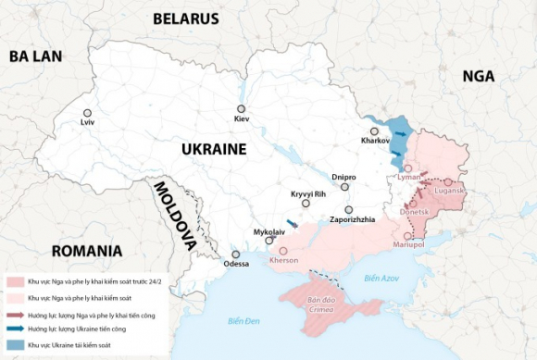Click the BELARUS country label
point(185,19)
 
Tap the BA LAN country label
point(35,56)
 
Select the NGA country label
point(479,76)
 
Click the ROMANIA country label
point(87,251)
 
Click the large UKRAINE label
point(213,149)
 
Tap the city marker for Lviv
point(87,113)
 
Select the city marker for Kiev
point(242,109)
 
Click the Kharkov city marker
point(374,131)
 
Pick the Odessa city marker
point(236,254)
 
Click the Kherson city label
point(283,260)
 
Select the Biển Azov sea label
point(381,278)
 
